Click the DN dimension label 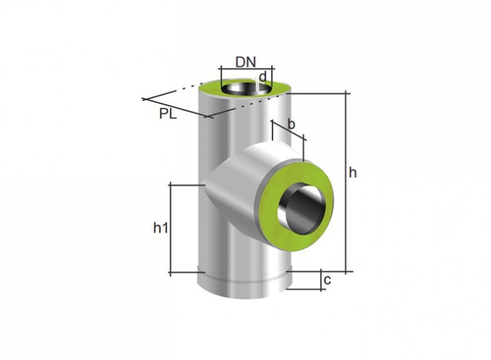click(245, 62)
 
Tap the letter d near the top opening click(263, 76)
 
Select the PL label click(168, 114)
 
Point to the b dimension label click(291, 124)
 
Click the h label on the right click(353, 173)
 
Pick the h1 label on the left click(161, 228)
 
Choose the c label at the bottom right click(328, 280)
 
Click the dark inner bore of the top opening click(245, 88)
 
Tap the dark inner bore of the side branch click(300, 209)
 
